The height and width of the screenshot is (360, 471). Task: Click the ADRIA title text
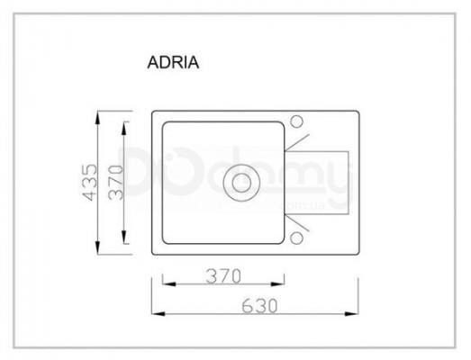point(173,62)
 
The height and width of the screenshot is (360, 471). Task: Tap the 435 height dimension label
point(90,183)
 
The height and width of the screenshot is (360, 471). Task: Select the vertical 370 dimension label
point(115,183)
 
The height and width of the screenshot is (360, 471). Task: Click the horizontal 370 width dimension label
point(223,276)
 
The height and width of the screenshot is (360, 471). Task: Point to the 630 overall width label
point(259,306)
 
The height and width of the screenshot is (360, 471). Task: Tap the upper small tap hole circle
point(296,121)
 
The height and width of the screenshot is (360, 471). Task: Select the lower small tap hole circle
point(296,238)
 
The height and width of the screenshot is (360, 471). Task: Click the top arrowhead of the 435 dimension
point(97,117)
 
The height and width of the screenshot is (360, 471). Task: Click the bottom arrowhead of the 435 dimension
point(97,248)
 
